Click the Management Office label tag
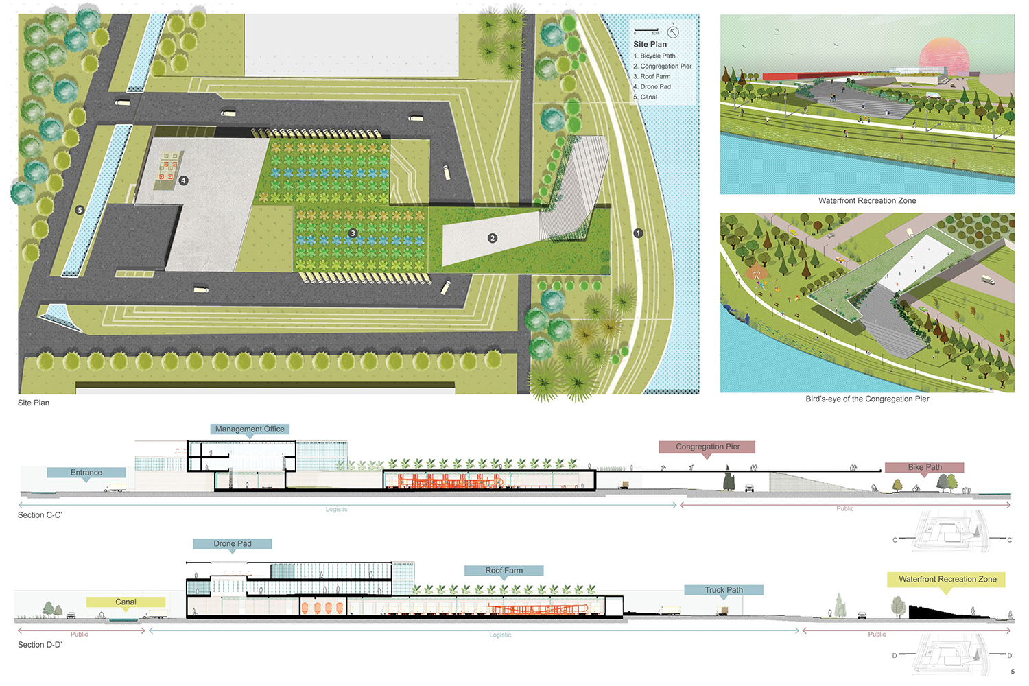click(250, 429)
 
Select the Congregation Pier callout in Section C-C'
click(707, 447)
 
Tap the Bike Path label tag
click(924, 467)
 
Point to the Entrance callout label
click(86, 473)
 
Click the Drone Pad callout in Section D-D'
click(233, 544)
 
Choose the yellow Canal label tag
click(126, 602)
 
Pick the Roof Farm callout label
click(504, 571)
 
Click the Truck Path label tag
click(724, 590)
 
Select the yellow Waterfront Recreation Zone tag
click(947, 580)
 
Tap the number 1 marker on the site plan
click(638, 233)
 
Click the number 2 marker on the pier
click(492, 238)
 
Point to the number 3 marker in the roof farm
click(353, 233)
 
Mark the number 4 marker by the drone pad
click(183, 180)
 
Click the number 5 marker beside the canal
click(80, 210)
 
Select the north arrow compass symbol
click(673, 32)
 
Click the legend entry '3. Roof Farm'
click(652, 77)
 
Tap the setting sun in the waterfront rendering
click(943, 56)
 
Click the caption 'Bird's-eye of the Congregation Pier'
click(867, 399)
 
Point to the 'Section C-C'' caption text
click(40, 515)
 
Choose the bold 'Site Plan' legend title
click(650, 45)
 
